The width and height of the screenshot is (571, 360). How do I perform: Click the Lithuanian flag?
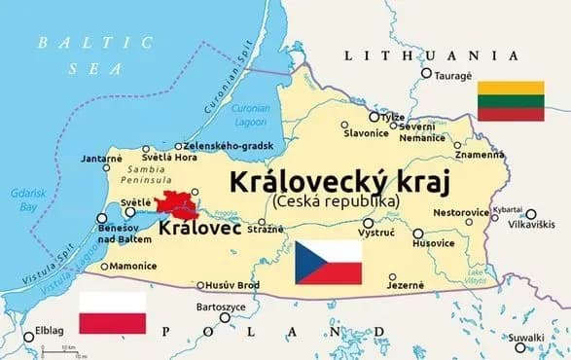click(510, 101)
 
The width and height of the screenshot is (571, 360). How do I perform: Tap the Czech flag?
click(329, 263)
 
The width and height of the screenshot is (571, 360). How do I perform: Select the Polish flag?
click(112, 312)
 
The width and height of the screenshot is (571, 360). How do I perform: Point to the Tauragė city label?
click(452, 75)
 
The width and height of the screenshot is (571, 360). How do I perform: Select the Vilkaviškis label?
click(532, 224)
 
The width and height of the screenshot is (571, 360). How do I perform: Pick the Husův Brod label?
click(236, 285)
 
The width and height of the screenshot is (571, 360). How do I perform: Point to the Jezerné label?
click(406, 285)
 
